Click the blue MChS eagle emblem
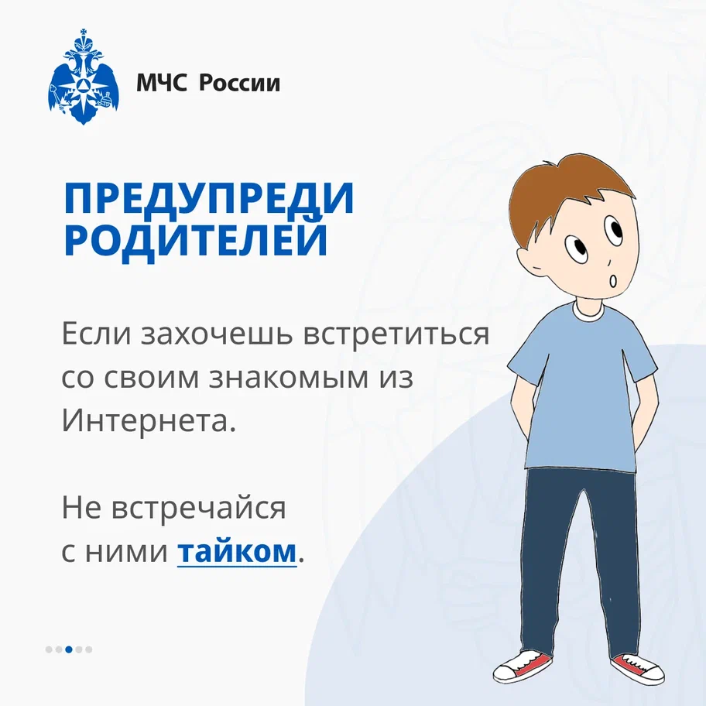pos(84,77)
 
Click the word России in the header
pos(239,83)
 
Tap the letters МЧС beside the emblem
pos(162,83)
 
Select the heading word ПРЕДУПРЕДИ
pos(208,198)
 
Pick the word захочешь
pos(217,334)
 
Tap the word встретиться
pos(396,334)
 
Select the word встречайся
pos(198,508)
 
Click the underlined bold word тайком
pos(238,550)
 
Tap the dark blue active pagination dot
pos(69,649)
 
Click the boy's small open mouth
pos(613,282)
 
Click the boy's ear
pos(529,262)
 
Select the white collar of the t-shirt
pos(588,311)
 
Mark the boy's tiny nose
pos(608,262)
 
